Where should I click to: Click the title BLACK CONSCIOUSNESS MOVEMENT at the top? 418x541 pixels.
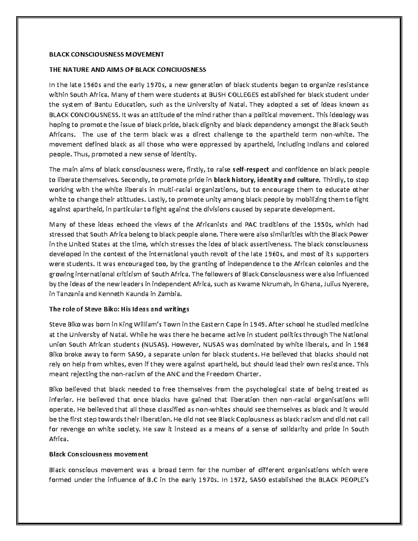(106, 54)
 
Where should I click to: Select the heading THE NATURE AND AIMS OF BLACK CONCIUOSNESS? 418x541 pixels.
(127, 70)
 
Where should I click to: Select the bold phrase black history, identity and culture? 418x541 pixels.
(266, 180)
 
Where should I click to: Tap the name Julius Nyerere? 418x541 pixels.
(345, 284)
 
